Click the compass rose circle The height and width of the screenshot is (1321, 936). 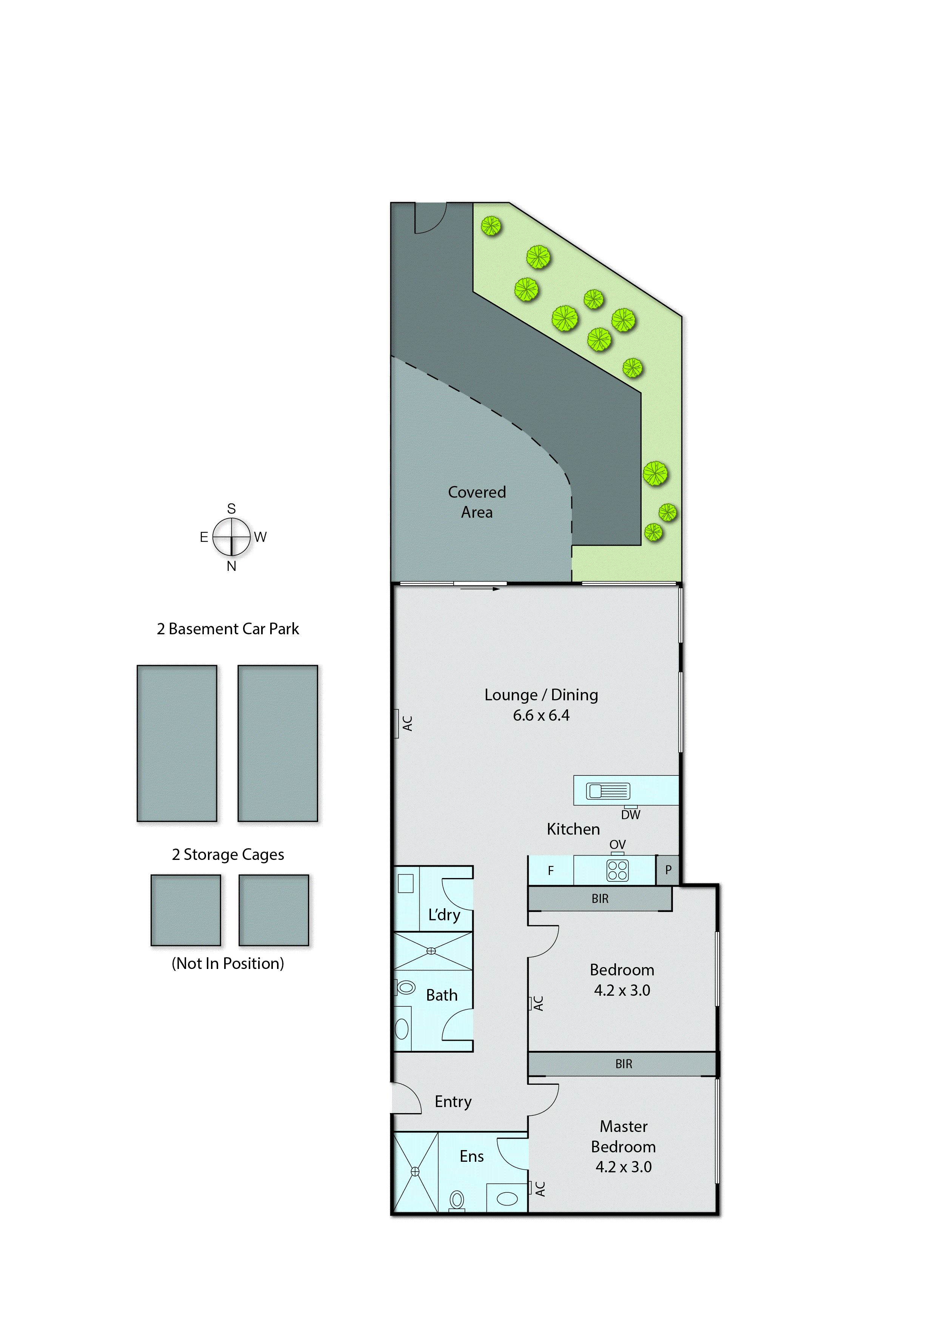[x=231, y=537]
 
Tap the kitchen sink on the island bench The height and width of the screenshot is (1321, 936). [x=608, y=791]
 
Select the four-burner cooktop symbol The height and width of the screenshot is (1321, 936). [x=617, y=870]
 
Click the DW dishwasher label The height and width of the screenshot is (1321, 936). [x=631, y=815]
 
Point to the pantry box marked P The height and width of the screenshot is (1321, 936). [x=668, y=870]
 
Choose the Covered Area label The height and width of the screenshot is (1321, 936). [x=477, y=502]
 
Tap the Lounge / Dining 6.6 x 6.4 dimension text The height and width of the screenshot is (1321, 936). [x=541, y=715]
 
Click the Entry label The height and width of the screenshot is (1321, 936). [x=453, y=1101]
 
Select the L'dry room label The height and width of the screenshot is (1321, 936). [x=444, y=915]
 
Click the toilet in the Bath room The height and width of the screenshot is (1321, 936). [x=406, y=987]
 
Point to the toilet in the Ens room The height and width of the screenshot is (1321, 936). [x=456, y=1200]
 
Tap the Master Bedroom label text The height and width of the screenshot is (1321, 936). [x=623, y=1136]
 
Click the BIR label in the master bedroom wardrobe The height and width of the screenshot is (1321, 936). [x=623, y=1064]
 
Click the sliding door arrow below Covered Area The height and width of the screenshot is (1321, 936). [x=480, y=589]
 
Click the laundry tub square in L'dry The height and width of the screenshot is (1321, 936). [x=406, y=884]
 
